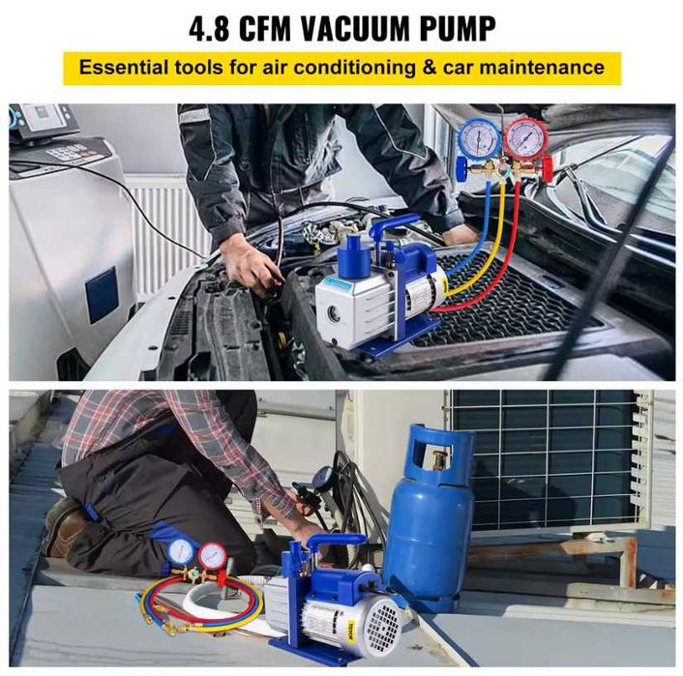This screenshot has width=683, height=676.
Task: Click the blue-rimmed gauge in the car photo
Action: tap(479, 138)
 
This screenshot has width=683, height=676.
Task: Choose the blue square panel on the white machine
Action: tap(102, 295)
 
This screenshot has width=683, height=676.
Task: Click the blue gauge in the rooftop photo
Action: tap(181, 551)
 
